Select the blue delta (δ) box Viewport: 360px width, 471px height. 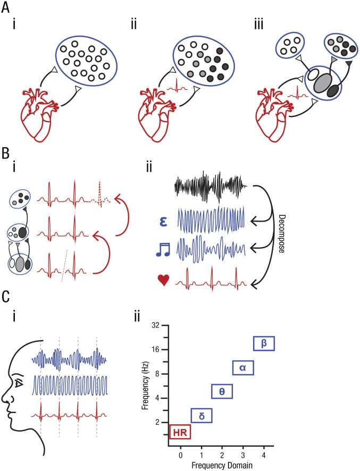tap(202, 415)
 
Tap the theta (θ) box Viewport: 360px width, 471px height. tap(222, 391)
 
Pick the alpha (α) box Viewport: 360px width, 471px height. tap(243, 367)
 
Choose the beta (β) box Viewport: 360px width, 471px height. tap(264, 343)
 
